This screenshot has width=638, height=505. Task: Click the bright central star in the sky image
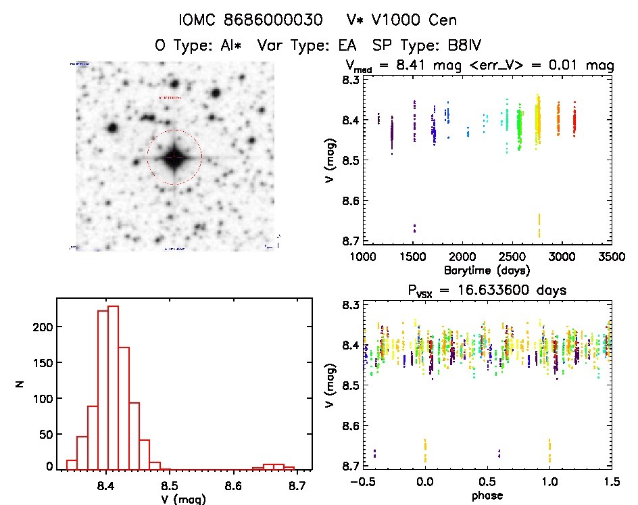click(174, 157)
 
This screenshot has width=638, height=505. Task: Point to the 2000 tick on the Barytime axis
click(463, 258)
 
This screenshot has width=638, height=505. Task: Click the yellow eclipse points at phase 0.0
click(425, 450)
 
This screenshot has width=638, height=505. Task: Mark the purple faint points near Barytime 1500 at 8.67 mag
click(414, 228)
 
